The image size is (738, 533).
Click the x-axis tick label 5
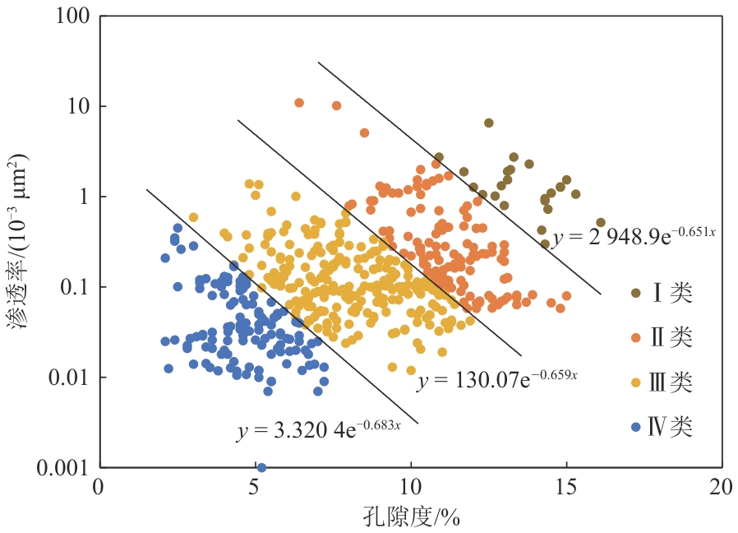[x=255, y=487]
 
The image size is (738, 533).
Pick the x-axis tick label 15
[x=566, y=487]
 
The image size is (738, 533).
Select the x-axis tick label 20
[x=722, y=487]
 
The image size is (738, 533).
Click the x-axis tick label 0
[x=99, y=487]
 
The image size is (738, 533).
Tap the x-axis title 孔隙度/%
[x=410, y=516]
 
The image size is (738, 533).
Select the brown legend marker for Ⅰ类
[x=635, y=292]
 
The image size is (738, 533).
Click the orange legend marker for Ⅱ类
[x=635, y=336]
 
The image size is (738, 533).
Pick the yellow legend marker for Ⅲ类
[x=635, y=382]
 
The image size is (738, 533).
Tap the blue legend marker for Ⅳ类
[x=635, y=426]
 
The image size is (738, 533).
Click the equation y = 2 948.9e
[x=634, y=237]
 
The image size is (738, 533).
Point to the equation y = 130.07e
[x=497, y=380]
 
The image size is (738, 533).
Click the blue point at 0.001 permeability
[x=261, y=467]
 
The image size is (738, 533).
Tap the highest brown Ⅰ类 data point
[x=488, y=123]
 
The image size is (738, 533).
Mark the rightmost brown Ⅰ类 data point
[x=601, y=222]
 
